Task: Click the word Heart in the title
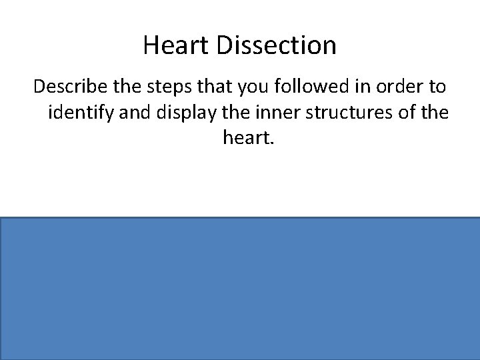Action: (168, 46)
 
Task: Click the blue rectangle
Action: (240, 289)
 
